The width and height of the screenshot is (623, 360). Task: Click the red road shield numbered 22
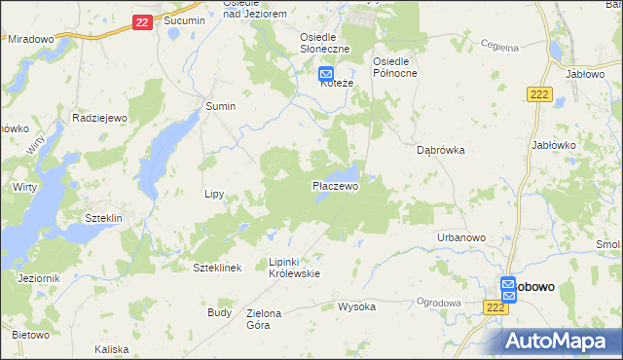[x=142, y=21]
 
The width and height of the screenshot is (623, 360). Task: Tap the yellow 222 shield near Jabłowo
[x=540, y=93]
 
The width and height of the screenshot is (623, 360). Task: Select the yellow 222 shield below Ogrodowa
[x=495, y=306]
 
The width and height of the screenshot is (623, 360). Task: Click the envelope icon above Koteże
[x=327, y=72]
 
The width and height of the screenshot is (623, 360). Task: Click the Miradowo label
[x=30, y=39]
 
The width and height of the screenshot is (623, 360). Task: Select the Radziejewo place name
[x=101, y=117]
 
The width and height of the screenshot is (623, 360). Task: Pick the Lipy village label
[x=215, y=194]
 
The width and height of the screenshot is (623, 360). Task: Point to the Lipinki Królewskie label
[x=294, y=268]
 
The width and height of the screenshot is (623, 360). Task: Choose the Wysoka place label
[x=356, y=306]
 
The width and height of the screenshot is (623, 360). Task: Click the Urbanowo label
[x=461, y=237]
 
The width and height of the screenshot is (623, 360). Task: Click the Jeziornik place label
[x=39, y=278]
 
